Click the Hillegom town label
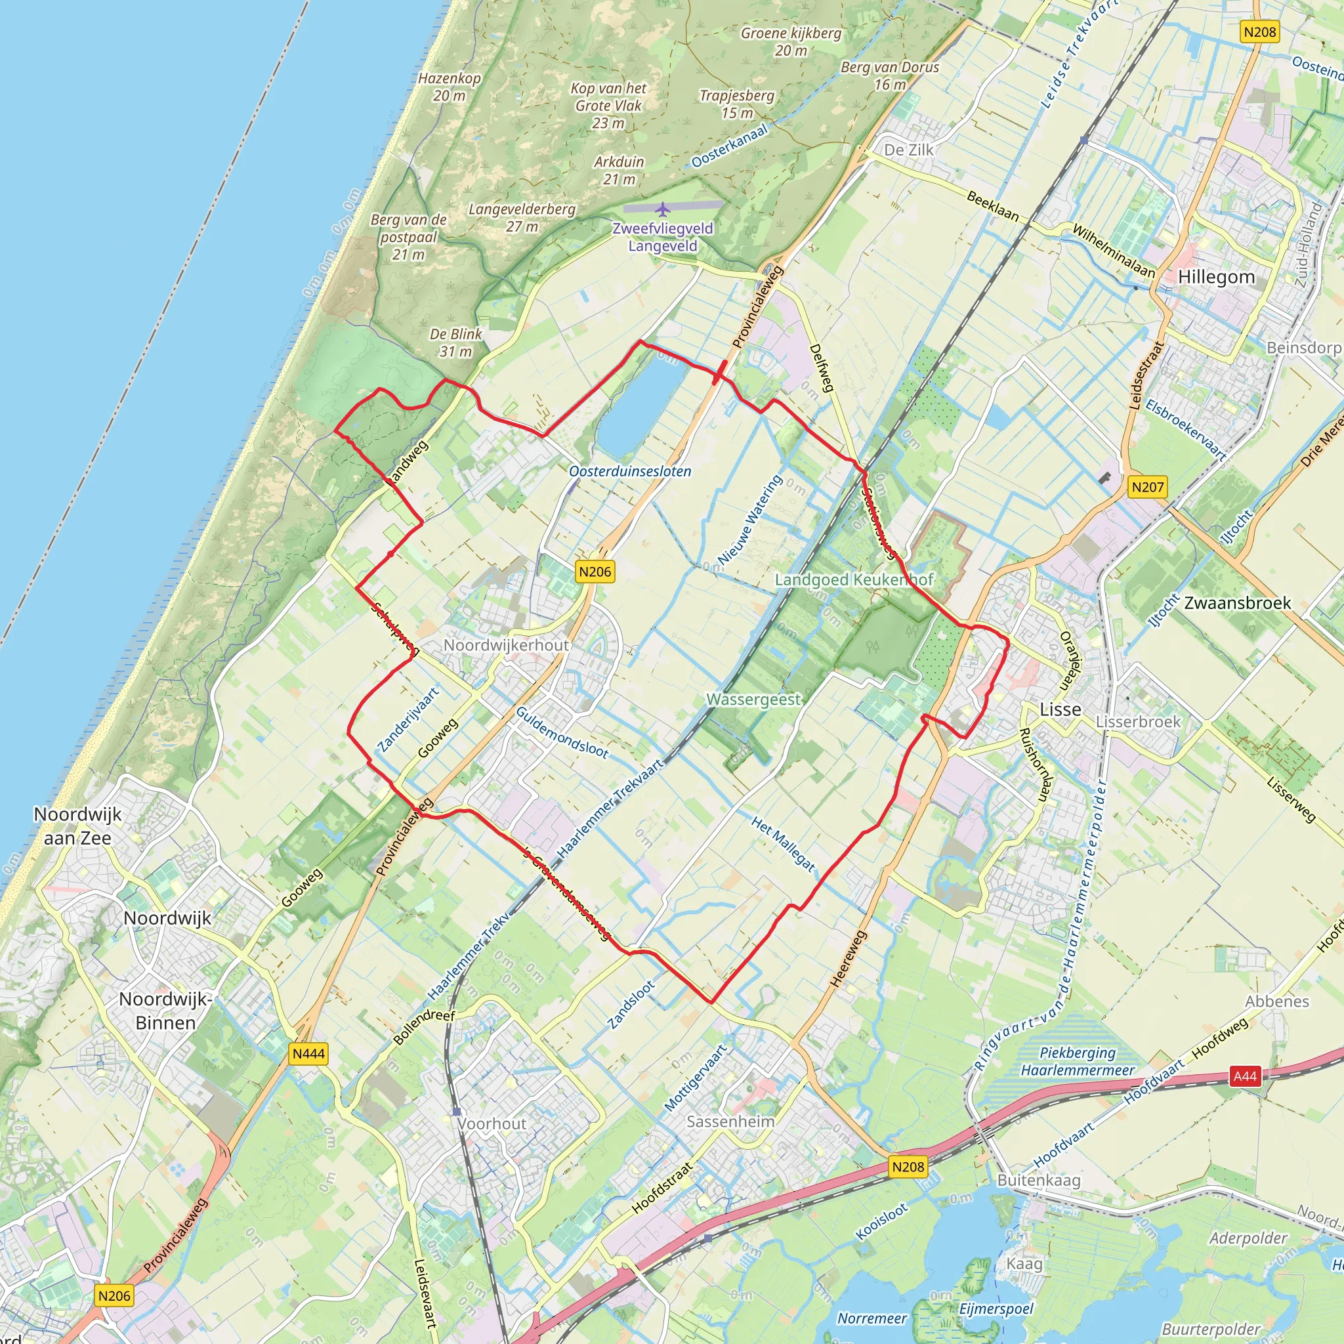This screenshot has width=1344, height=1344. (1216, 277)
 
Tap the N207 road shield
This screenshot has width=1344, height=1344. (1147, 487)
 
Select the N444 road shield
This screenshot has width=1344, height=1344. (308, 1053)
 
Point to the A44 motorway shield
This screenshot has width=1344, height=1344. (1244, 1076)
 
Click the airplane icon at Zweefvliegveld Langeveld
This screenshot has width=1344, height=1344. (662, 208)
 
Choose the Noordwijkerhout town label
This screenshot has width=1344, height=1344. (507, 645)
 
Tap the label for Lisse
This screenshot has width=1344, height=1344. (1060, 709)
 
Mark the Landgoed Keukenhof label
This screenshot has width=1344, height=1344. (854, 579)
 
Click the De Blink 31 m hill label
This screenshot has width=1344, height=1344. (455, 343)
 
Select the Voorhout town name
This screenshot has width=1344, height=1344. (492, 1123)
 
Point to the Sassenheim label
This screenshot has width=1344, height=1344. (730, 1122)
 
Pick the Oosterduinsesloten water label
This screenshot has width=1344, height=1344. (629, 471)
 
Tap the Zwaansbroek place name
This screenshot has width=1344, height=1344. (1238, 602)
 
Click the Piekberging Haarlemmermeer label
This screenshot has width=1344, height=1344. (1078, 1062)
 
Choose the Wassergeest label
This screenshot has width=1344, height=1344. (753, 699)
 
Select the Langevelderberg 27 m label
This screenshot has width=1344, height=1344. (522, 217)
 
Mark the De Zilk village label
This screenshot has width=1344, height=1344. (908, 150)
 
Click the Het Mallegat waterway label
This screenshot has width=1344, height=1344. (783, 844)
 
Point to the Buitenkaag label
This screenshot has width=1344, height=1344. (1039, 1180)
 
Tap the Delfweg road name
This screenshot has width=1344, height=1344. (821, 368)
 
